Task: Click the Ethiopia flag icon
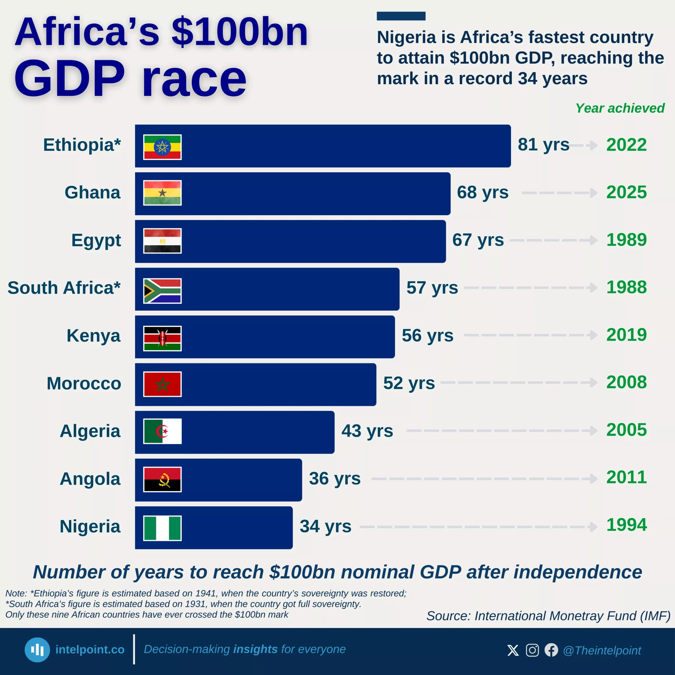[162, 147]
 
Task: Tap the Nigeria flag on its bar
[162, 528]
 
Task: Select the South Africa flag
[162, 291]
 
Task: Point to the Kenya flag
[162, 338]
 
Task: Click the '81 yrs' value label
[543, 145]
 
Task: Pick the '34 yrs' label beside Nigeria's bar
[325, 526]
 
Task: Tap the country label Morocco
[84, 383]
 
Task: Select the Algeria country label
[90, 431]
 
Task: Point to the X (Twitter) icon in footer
[513, 650]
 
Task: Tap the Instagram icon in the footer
[532, 650]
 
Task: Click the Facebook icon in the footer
[551, 650]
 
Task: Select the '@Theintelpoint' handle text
[602, 650]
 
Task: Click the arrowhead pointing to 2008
[593, 382]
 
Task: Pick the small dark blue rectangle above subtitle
[401, 16]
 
